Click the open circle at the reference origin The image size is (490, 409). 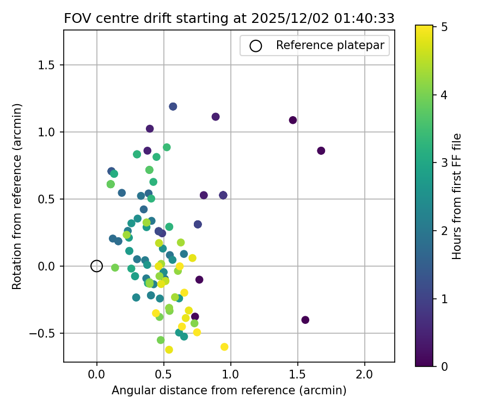click(x=97, y=266)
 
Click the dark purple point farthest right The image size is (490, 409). click(x=321, y=151)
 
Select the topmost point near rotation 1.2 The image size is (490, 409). click(x=173, y=106)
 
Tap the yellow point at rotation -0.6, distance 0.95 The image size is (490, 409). click(x=224, y=347)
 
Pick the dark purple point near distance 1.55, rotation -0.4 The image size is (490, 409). click(x=305, y=320)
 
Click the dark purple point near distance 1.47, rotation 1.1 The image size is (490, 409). click(x=293, y=120)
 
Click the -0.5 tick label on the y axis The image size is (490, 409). click(x=46, y=333)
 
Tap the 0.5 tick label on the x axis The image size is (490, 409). click(x=163, y=375)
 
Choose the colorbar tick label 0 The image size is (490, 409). click(x=444, y=366)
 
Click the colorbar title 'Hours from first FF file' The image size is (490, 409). click(x=457, y=196)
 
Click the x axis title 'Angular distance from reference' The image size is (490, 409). click(x=229, y=390)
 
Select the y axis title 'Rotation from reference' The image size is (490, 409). click(x=17, y=196)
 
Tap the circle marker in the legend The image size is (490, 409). click(x=255, y=46)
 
